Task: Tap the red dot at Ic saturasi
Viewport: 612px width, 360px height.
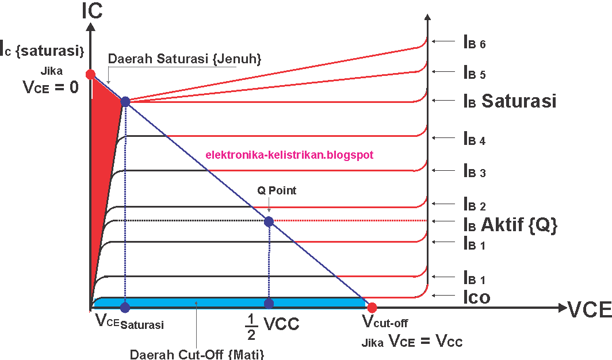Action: pos(90,74)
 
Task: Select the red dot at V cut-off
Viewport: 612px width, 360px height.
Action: pos(372,307)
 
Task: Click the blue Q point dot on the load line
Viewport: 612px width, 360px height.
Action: pos(269,221)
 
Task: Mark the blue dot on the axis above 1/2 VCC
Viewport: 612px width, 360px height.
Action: pos(268,304)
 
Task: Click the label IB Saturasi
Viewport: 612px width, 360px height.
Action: pos(510,101)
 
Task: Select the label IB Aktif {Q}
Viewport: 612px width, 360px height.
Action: pos(510,225)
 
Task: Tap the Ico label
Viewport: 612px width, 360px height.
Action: pos(477,297)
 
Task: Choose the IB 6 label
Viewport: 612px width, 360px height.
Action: pos(475,42)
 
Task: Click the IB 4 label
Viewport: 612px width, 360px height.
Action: pos(475,139)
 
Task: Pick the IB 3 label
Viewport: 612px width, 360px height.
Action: pos(475,171)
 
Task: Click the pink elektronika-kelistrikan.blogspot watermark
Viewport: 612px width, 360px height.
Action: pos(289,155)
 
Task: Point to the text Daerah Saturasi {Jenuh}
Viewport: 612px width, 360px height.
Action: pos(185,59)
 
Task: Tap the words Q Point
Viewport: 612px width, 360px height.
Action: pos(277,190)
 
